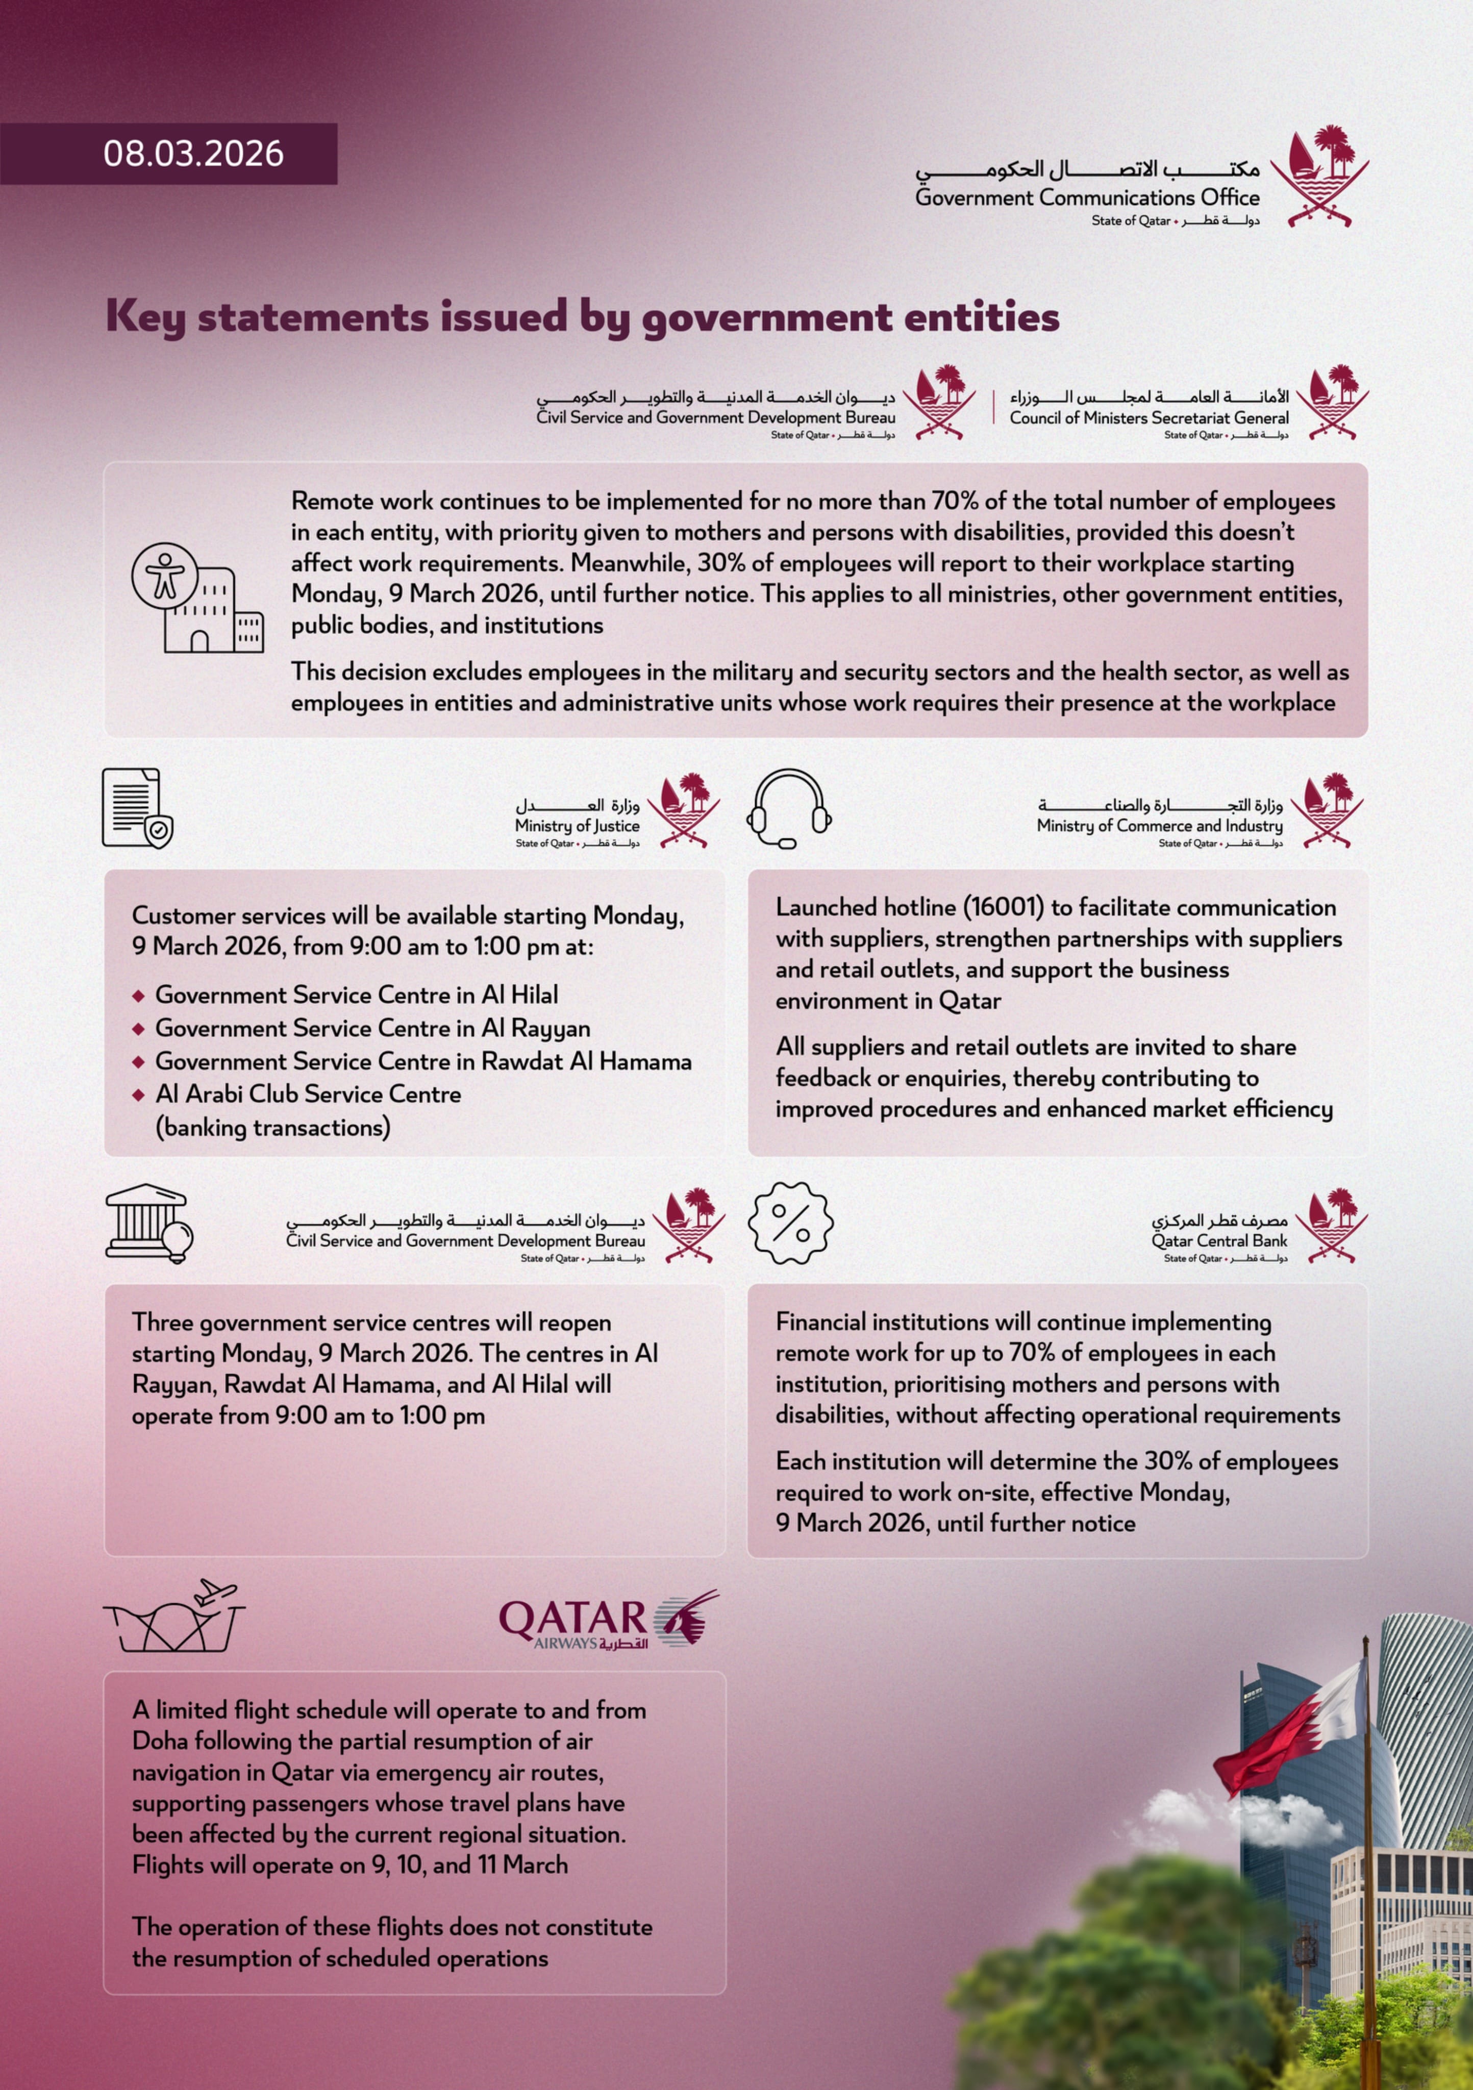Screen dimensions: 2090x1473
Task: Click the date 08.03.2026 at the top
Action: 193,154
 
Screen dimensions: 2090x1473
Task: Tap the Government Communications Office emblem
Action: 1319,177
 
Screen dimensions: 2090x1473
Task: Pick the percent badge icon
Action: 790,1223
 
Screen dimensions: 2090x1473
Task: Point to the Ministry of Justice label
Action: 577,826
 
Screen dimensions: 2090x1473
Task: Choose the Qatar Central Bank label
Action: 1219,1241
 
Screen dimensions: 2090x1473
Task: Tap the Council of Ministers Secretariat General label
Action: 1149,418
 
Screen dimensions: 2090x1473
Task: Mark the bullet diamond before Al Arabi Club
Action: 138,1095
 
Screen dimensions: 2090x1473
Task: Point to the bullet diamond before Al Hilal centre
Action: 138,996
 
